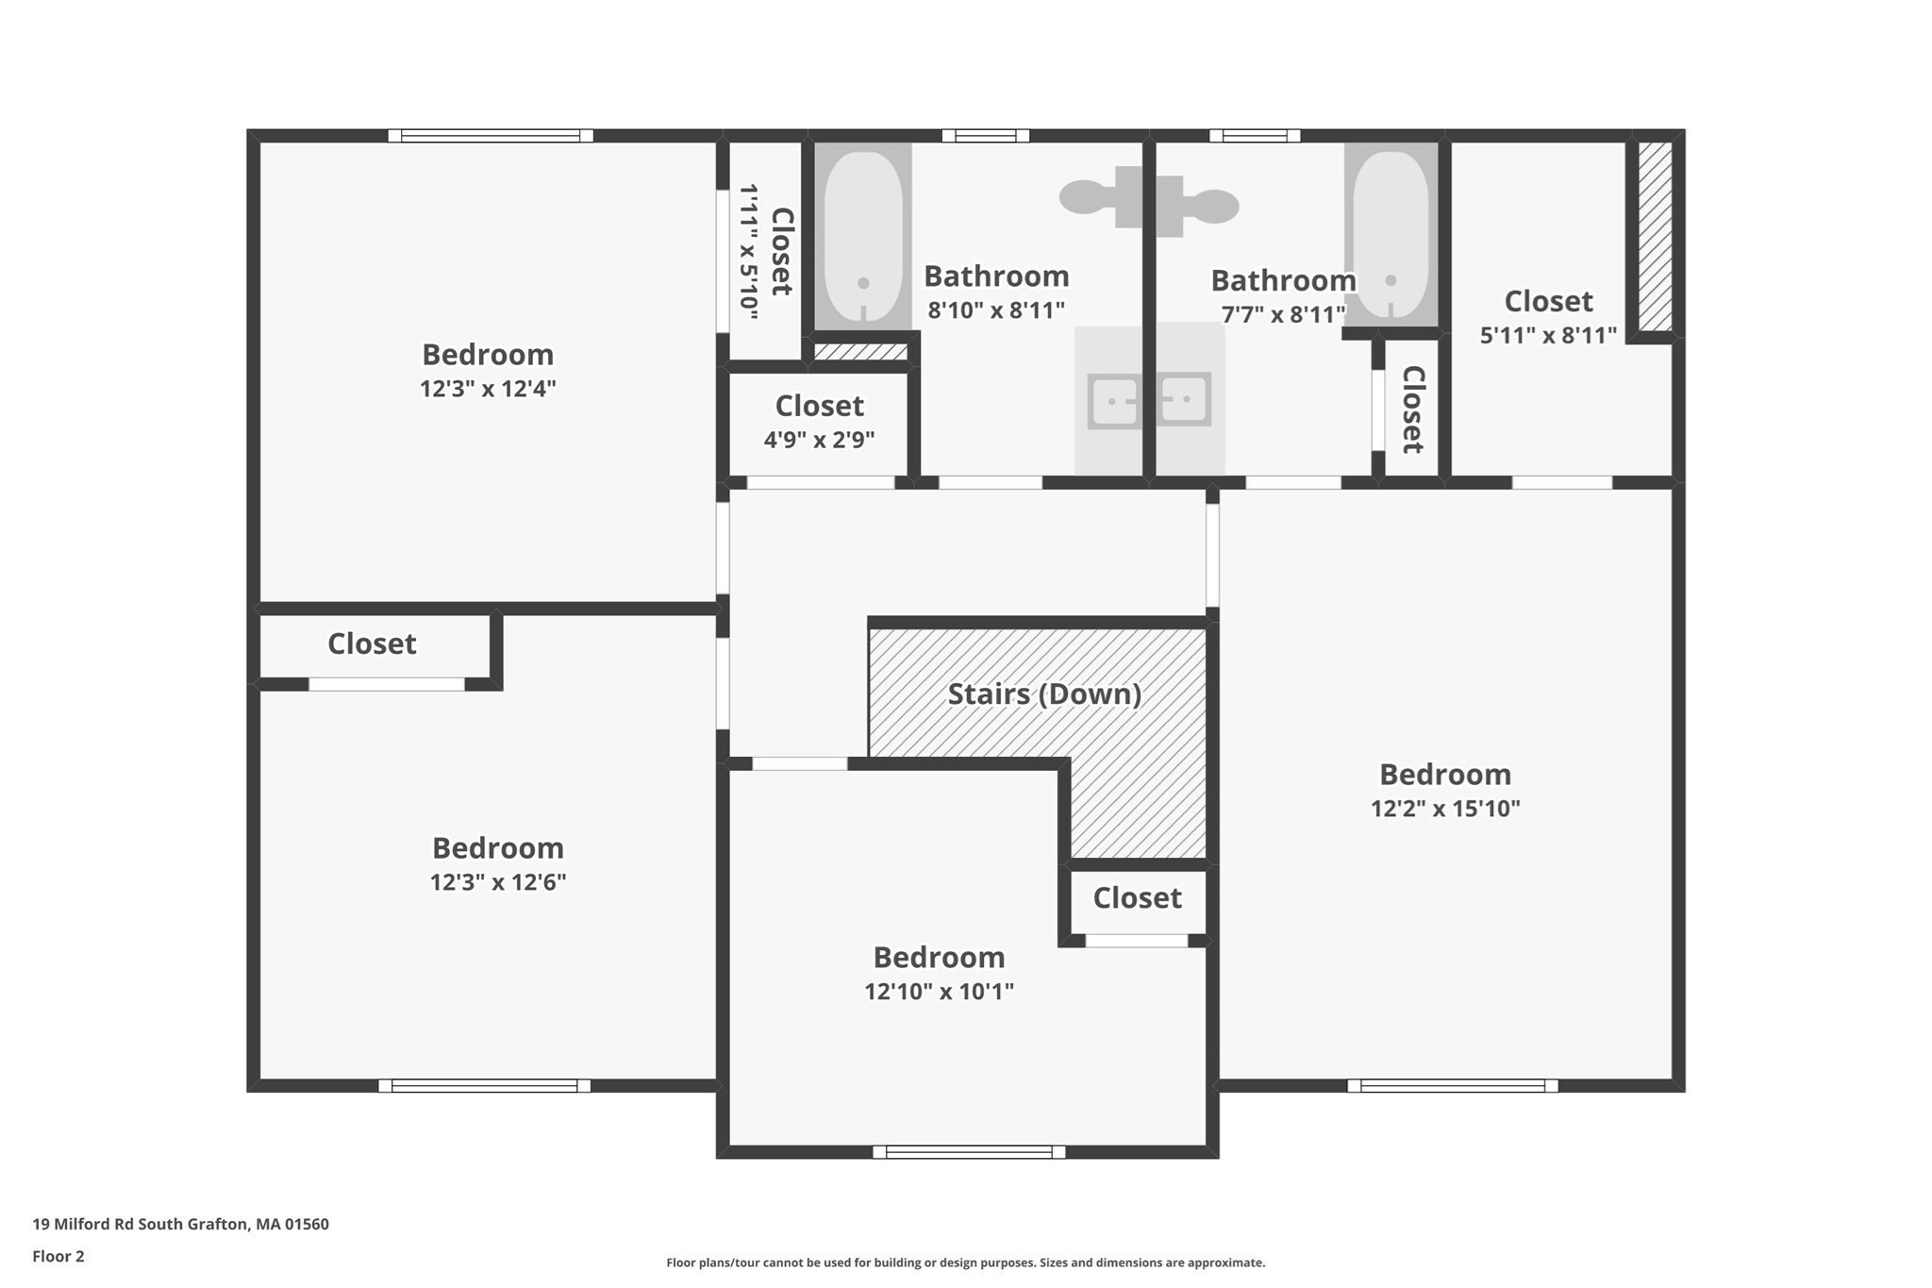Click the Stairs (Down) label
tap(1044, 694)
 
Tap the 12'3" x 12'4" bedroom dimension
tap(488, 389)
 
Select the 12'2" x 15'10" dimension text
tap(1445, 809)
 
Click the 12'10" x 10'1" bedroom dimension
tap(939, 992)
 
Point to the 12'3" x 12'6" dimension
tap(498, 882)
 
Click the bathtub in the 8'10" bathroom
tap(863, 237)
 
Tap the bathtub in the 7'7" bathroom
tap(1391, 235)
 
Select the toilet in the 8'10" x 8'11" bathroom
tap(1100, 197)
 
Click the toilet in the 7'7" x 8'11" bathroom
tap(1198, 206)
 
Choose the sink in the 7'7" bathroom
tap(1184, 400)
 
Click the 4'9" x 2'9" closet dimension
tap(819, 440)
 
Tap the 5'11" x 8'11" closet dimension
tap(1548, 336)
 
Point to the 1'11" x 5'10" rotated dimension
tap(749, 252)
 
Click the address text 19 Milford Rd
tap(83, 1224)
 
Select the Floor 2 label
tap(58, 1256)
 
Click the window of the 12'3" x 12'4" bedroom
tap(491, 136)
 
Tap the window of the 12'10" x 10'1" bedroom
tap(969, 1152)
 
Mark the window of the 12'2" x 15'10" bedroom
tap(1453, 1086)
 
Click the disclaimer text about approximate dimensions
tap(966, 1263)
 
